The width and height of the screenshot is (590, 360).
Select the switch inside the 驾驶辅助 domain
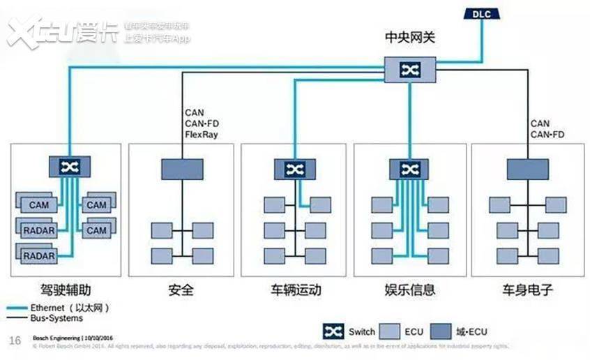(x=70, y=167)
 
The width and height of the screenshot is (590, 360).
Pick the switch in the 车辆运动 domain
(x=294, y=169)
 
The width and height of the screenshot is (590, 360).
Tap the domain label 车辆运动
(x=296, y=290)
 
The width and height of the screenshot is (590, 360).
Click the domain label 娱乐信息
(x=410, y=290)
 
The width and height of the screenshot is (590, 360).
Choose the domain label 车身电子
(x=528, y=290)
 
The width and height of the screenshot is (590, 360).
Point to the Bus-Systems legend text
(x=56, y=318)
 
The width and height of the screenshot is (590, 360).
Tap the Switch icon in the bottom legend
(x=334, y=332)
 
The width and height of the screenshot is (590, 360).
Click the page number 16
(x=15, y=340)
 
